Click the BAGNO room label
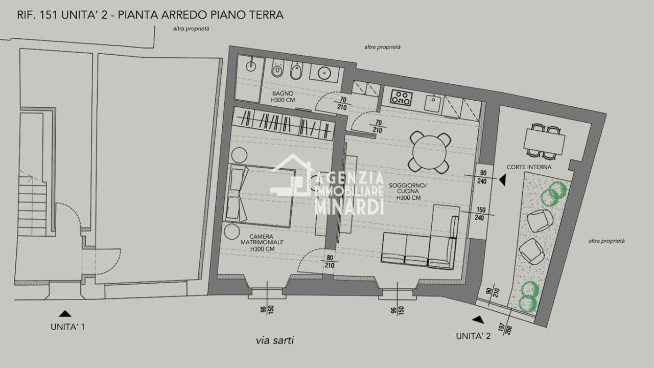click(x=283, y=97)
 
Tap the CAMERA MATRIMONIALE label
click(x=262, y=243)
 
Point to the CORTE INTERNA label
click(x=529, y=167)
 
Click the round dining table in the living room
click(x=429, y=152)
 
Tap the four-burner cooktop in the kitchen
click(x=402, y=98)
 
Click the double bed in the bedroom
click(x=260, y=196)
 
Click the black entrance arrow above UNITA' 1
click(x=65, y=313)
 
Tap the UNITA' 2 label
click(x=473, y=336)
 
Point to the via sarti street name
click(x=275, y=340)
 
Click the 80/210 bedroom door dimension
click(x=330, y=262)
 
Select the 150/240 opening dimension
click(x=481, y=214)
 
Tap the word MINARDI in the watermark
click(x=349, y=207)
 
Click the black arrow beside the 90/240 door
click(x=502, y=179)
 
